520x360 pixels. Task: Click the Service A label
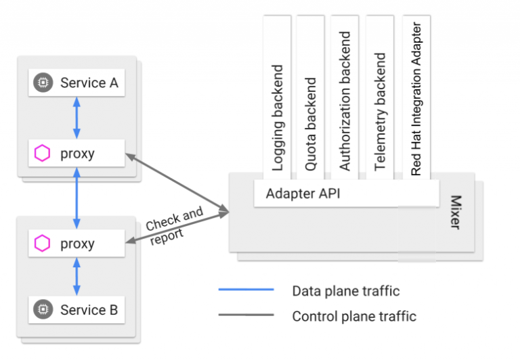89,83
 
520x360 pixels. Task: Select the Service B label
89,310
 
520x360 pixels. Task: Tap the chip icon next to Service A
43,83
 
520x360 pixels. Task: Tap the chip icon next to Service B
43,310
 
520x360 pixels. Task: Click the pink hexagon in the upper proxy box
43,154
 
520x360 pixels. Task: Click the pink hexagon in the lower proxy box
43,244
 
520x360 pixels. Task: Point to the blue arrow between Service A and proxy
77,118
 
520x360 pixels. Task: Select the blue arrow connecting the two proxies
77,198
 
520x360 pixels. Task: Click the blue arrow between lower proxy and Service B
77,276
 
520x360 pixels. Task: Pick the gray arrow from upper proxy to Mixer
177,183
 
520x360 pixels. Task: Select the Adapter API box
303,194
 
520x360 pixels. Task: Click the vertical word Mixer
455,212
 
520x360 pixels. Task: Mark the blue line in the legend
246,290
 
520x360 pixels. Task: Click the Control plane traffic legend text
353,315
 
